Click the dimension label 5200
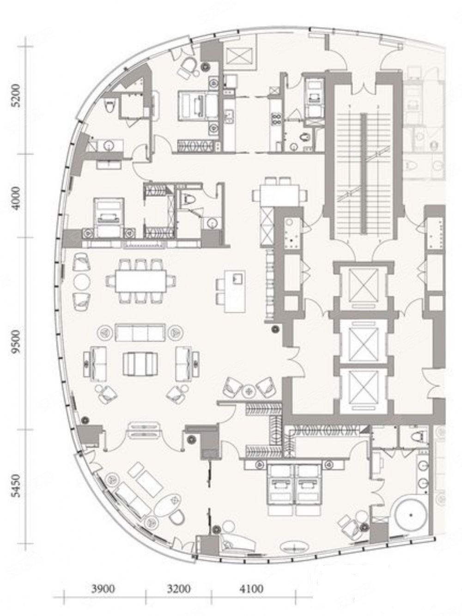pyautogui.click(x=17, y=95)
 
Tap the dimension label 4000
pyautogui.click(x=17, y=198)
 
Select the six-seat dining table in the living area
pyautogui.click(x=141, y=281)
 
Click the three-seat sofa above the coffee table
pyautogui.click(x=140, y=333)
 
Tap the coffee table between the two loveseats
pyautogui.click(x=140, y=364)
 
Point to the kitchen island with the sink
pyautogui.click(x=235, y=291)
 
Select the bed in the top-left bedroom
pyautogui.click(x=198, y=106)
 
